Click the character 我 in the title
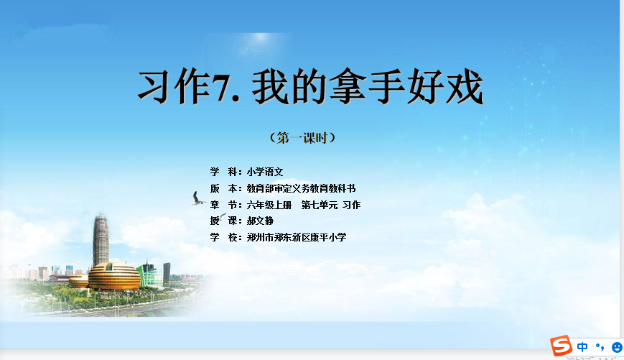point(271,86)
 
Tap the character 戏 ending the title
point(465,86)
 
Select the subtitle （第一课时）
point(302,138)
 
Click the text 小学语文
point(265,172)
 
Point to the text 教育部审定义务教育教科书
point(301,188)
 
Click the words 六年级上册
point(269,205)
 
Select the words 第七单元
point(319,205)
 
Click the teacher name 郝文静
point(260,221)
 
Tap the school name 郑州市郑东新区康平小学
point(297,237)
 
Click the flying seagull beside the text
point(197,199)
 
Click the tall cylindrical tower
point(101,240)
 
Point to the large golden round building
point(114,276)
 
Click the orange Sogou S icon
point(561,345)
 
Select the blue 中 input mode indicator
point(582,347)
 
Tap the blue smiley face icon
point(618,347)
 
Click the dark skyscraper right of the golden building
point(167,272)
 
